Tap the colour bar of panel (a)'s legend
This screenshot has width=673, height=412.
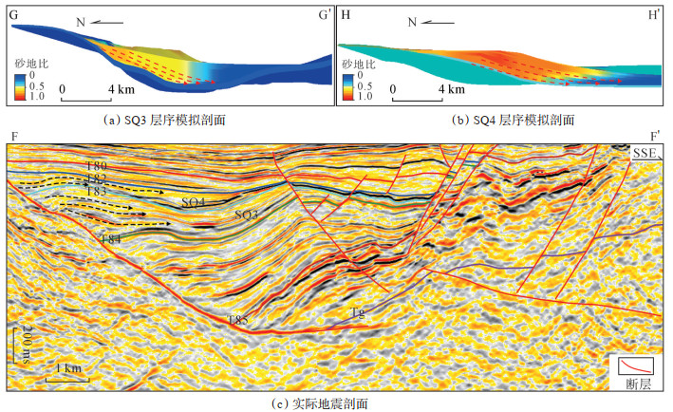point(19,86)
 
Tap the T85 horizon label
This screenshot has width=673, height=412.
point(237,321)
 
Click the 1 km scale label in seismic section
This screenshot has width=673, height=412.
point(66,367)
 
